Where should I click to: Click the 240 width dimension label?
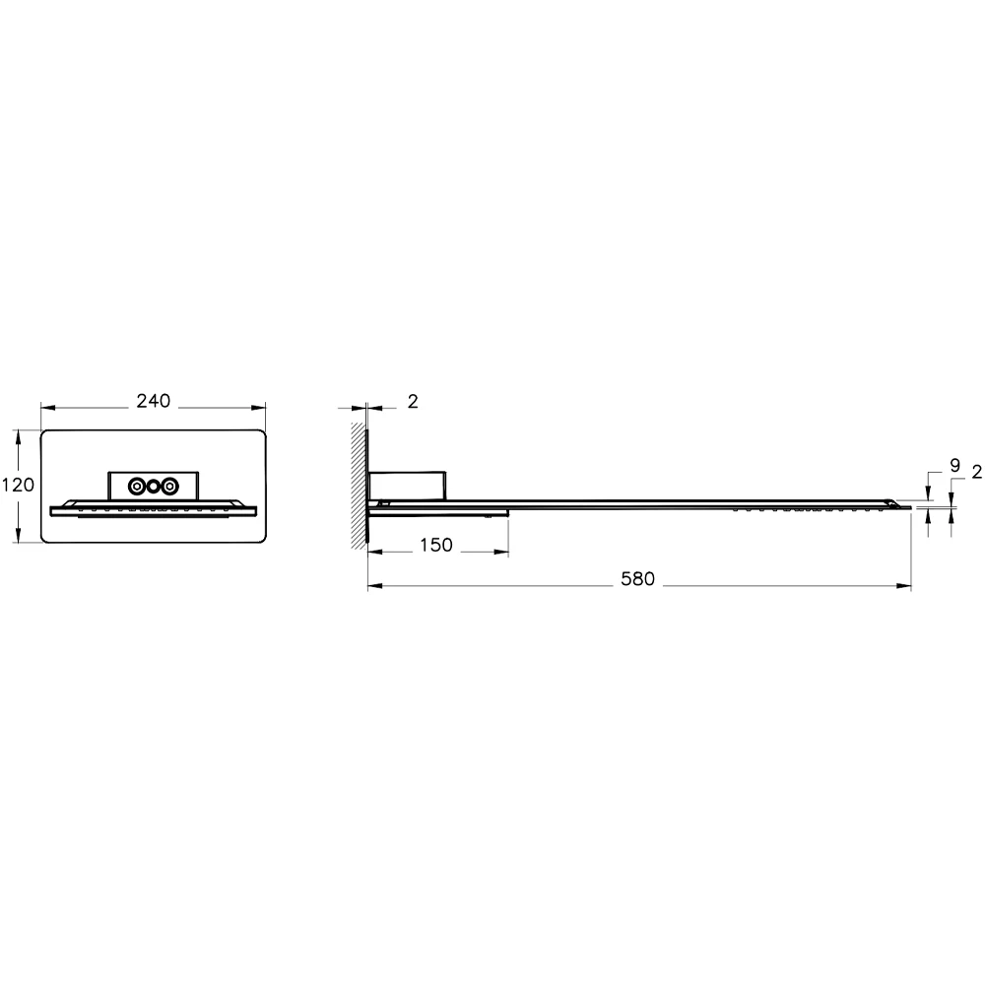point(154,401)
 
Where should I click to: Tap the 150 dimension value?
point(436,546)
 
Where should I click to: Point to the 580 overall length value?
point(638,579)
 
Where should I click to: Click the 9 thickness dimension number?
point(954,464)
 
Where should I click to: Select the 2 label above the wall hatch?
point(413,401)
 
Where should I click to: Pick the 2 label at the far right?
point(976,473)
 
